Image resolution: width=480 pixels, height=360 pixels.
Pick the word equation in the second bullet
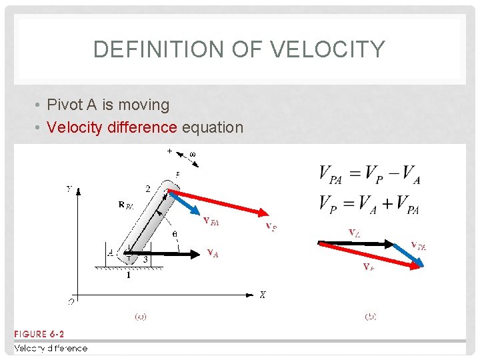(213, 127)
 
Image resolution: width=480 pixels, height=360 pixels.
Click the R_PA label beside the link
(126, 205)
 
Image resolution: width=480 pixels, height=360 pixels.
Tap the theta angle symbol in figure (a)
(174, 235)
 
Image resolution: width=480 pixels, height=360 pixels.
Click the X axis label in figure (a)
(262, 295)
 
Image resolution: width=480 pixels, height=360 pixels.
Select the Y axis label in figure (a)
(69, 189)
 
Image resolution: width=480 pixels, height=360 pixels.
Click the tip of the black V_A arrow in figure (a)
(200, 253)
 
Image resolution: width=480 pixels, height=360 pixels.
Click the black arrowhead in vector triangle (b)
(393, 243)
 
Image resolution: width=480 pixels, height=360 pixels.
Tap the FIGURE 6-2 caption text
(39, 334)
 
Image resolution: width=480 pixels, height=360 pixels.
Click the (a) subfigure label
(141, 317)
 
